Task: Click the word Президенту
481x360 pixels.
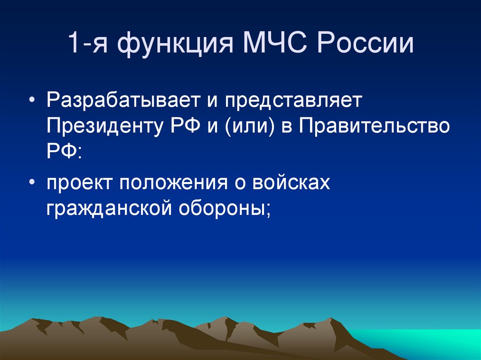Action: click(105, 126)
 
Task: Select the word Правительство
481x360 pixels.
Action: click(373, 126)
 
